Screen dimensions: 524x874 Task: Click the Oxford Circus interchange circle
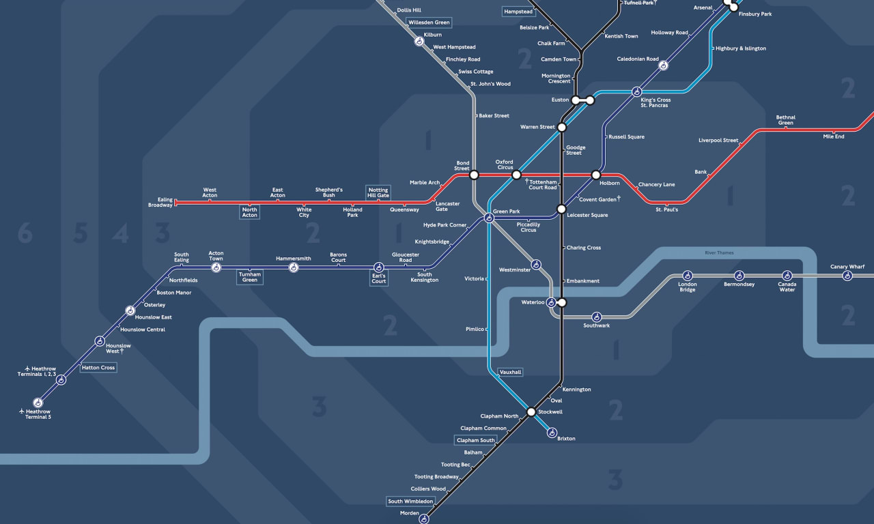click(516, 175)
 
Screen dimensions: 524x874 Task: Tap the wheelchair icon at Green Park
click(489, 218)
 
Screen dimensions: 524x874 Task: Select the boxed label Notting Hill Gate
click(378, 192)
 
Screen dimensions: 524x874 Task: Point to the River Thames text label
click(719, 253)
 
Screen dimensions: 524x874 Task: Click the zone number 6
click(25, 234)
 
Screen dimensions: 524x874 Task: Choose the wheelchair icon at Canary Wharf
click(847, 276)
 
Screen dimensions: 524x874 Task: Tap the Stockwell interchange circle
click(531, 412)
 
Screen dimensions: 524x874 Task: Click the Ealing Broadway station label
click(160, 203)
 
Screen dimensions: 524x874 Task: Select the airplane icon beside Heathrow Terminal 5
click(23, 411)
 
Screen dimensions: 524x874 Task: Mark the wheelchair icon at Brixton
click(552, 433)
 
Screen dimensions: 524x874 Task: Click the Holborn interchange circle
click(595, 175)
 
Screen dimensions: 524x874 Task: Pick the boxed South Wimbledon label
click(410, 501)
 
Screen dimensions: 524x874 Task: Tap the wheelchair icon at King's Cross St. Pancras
click(636, 92)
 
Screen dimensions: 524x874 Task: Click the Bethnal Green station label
click(785, 120)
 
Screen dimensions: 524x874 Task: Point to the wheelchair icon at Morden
click(423, 519)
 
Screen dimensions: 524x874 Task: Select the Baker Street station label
click(494, 116)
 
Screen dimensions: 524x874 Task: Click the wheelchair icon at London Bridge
click(688, 276)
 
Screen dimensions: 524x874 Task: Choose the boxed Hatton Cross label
click(98, 368)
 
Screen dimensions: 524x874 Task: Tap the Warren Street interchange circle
click(562, 128)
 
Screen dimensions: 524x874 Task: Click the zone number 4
click(121, 234)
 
